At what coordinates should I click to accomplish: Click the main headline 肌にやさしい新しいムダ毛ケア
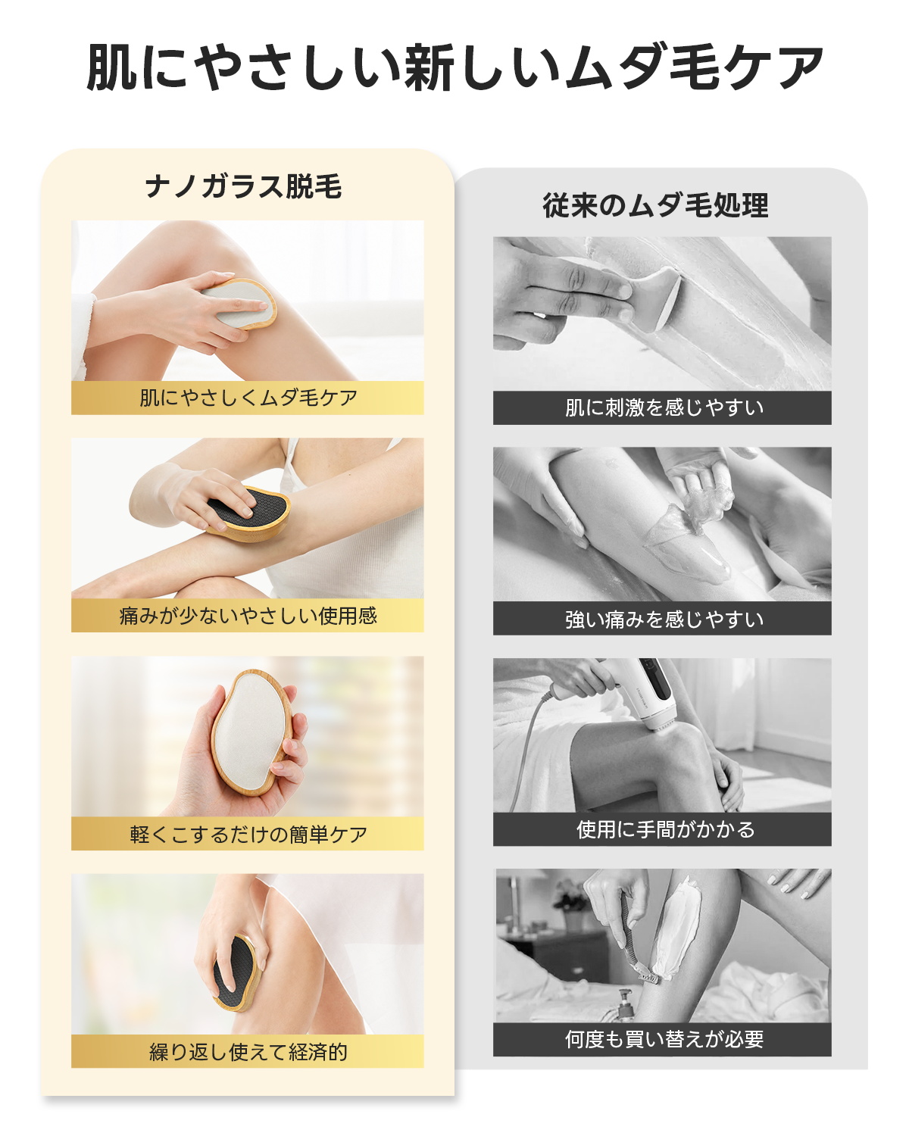pos(454,67)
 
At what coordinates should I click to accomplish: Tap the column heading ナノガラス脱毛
pos(243,186)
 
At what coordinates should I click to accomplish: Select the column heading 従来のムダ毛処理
pos(655,205)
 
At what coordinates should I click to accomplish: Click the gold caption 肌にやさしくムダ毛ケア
pos(248,398)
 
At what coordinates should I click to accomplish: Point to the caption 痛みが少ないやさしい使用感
pos(248,616)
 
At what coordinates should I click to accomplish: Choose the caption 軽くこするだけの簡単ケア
pos(248,834)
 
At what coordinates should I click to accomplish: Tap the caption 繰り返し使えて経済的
pos(248,1052)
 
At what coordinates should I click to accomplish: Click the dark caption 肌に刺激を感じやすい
pos(664,407)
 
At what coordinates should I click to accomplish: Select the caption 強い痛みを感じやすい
pos(664,619)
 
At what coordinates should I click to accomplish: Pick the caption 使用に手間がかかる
pos(666,829)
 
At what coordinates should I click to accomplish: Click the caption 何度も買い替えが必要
pos(664,1039)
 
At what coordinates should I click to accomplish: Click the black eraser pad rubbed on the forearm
pos(251,513)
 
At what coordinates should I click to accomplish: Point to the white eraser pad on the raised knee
pos(240,304)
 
